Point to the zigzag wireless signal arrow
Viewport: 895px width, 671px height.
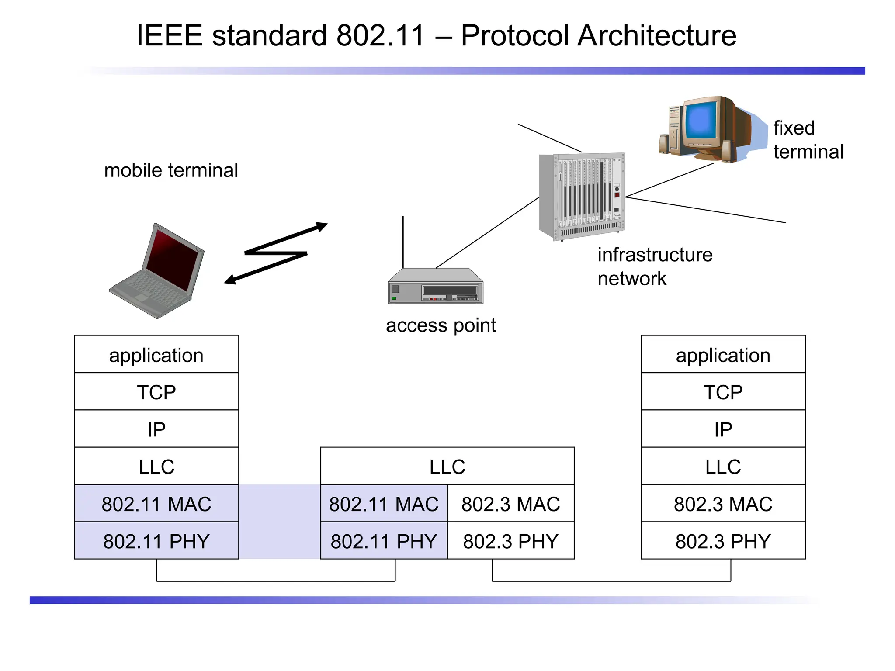click(276, 253)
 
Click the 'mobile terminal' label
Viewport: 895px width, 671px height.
click(171, 170)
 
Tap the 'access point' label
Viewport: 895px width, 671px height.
click(441, 325)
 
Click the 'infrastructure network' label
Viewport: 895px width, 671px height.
click(654, 266)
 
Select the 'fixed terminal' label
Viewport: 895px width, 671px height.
click(808, 140)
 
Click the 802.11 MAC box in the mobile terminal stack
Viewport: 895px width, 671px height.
click(156, 504)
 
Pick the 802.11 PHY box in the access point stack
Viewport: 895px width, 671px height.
click(384, 541)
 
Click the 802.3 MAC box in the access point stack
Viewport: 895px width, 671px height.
click(510, 504)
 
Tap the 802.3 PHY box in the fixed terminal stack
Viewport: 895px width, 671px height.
click(723, 541)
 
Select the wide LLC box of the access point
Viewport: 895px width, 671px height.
click(447, 466)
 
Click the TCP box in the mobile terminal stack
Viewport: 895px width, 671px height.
click(156, 392)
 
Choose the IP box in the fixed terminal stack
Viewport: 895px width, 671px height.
click(723, 429)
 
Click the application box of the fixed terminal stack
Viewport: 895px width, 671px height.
click(723, 355)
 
